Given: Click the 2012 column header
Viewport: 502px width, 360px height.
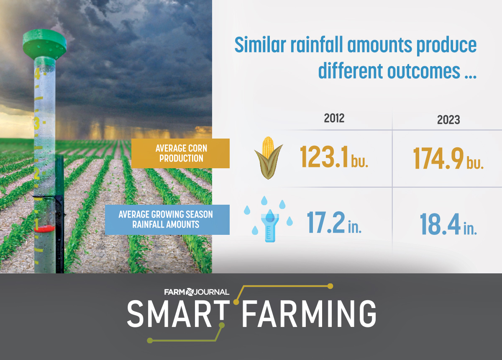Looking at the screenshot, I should tap(334, 118).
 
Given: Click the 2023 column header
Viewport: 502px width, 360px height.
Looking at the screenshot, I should tap(448, 120).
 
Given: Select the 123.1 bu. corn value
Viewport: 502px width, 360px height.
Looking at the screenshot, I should tap(334, 158).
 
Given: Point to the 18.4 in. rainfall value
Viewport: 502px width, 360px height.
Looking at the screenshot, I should tap(448, 225).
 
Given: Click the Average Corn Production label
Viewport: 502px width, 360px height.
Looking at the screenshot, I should tap(181, 153).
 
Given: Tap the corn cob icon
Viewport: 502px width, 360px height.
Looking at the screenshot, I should tap(268, 157).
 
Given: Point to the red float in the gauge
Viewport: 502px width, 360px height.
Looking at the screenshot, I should tap(45, 228).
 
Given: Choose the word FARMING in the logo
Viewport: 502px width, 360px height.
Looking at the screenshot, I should tap(309, 313).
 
